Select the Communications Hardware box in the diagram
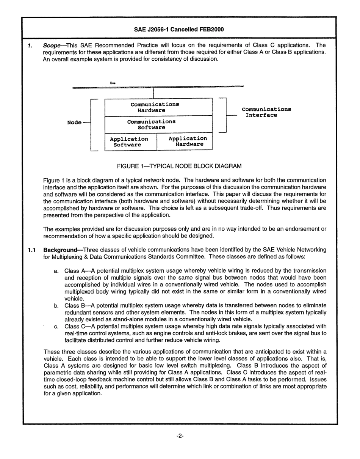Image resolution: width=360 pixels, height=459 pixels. [158, 107]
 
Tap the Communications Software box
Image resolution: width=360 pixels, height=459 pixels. [158, 125]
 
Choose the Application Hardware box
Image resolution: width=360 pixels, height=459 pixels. [185, 141]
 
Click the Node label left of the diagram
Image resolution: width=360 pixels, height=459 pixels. [74, 122]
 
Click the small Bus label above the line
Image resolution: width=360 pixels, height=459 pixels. [113, 83]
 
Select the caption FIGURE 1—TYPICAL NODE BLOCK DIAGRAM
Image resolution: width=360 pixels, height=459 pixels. [179, 166]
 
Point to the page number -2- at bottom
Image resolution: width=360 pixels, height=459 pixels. [180, 436]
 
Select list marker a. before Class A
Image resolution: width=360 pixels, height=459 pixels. [56, 271]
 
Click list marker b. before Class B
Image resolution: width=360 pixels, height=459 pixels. [56, 305]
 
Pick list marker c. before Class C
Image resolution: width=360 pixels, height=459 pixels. [56, 326]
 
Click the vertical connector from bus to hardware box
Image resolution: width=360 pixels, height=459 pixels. [153, 93]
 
